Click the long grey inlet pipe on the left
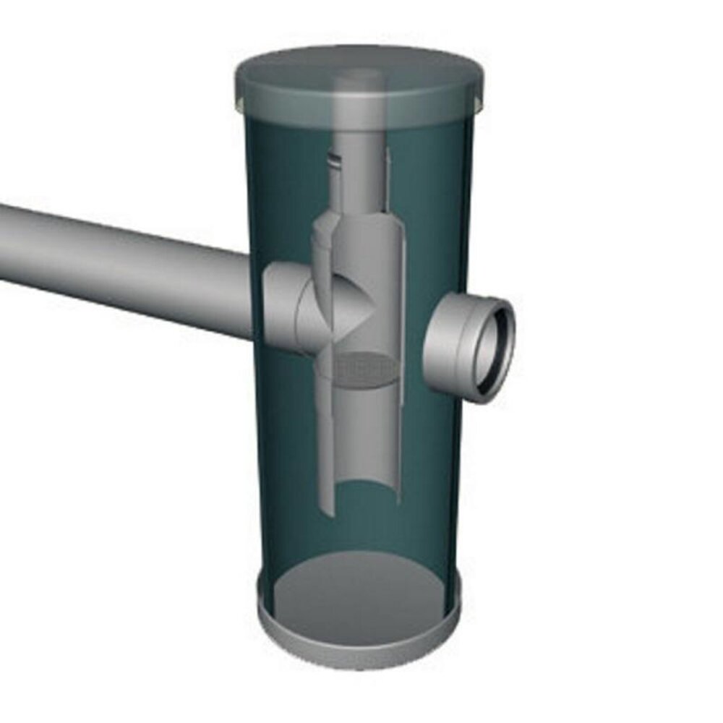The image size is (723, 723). pos(123,268)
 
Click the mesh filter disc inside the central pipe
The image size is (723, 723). pos(360,369)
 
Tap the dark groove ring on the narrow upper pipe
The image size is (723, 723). pos(333,162)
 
